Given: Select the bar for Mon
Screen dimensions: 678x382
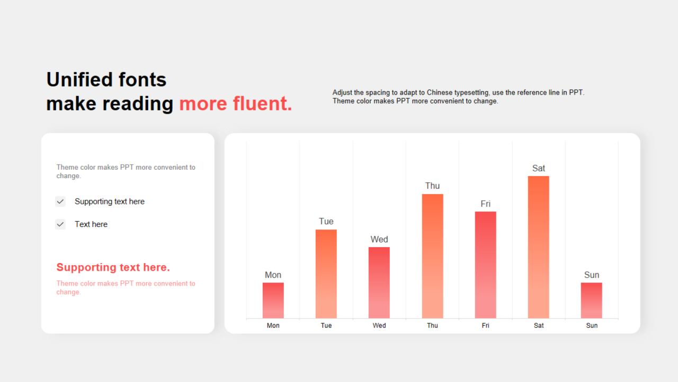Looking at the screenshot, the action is coord(273,300).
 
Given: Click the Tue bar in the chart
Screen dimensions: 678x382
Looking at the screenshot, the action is coord(326,274).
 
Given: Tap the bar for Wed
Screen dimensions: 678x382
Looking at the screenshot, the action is coord(379,283).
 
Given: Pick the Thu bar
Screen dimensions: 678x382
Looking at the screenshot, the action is coord(433,256).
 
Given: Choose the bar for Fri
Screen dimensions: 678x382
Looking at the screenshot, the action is coord(486,265).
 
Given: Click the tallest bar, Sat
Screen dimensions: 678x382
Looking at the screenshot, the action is coord(539,247).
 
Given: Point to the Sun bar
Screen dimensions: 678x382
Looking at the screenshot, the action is coord(592,300).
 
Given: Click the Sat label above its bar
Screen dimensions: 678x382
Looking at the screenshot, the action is coord(539,168).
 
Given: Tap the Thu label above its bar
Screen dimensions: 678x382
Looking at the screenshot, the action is coord(432,186).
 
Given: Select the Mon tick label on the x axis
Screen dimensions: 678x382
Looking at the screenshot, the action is coord(273,326).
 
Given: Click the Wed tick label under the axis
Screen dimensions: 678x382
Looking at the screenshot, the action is coord(379,326).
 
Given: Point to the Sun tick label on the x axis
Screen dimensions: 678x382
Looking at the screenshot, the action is coord(592,326).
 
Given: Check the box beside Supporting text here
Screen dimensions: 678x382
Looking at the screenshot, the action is coord(60,201).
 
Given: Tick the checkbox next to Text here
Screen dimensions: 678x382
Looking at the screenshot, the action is coord(60,224).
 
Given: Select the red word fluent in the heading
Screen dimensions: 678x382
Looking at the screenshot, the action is coord(262,103).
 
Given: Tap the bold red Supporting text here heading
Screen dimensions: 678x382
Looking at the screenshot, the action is coord(113,267).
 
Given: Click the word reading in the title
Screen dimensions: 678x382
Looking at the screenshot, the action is coord(138,104).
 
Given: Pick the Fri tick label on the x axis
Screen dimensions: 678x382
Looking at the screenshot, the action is coord(486,326).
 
